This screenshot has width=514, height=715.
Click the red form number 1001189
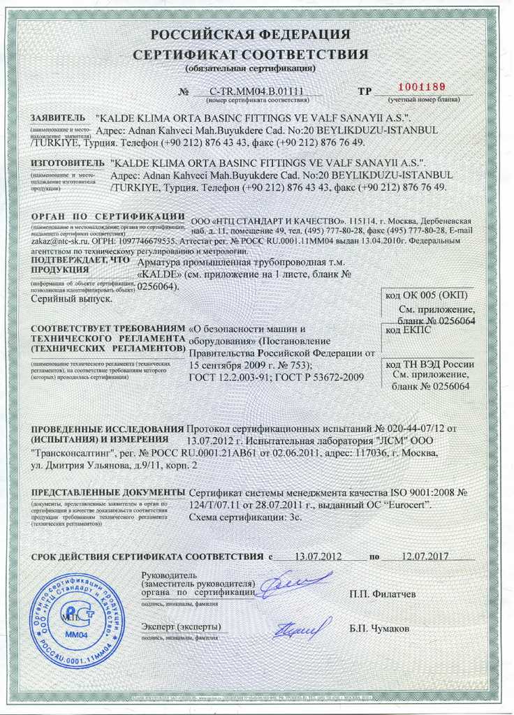click(x=421, y=87)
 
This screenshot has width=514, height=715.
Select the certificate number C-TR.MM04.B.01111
click(x=256, y=91)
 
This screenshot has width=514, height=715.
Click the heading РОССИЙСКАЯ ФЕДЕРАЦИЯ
click(x=251, y=35)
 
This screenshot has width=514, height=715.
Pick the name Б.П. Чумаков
click(x=380, y=628)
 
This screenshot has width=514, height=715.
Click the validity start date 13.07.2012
click(x=318, y=556)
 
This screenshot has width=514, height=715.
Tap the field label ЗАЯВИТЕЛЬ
click(x=58, y=117)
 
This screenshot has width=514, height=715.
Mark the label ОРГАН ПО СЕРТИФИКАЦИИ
click(x=108, y=216)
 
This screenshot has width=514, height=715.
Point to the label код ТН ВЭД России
click(x=429, y=363)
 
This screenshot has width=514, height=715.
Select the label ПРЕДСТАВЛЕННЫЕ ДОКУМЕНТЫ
click(x=108, y=493)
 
